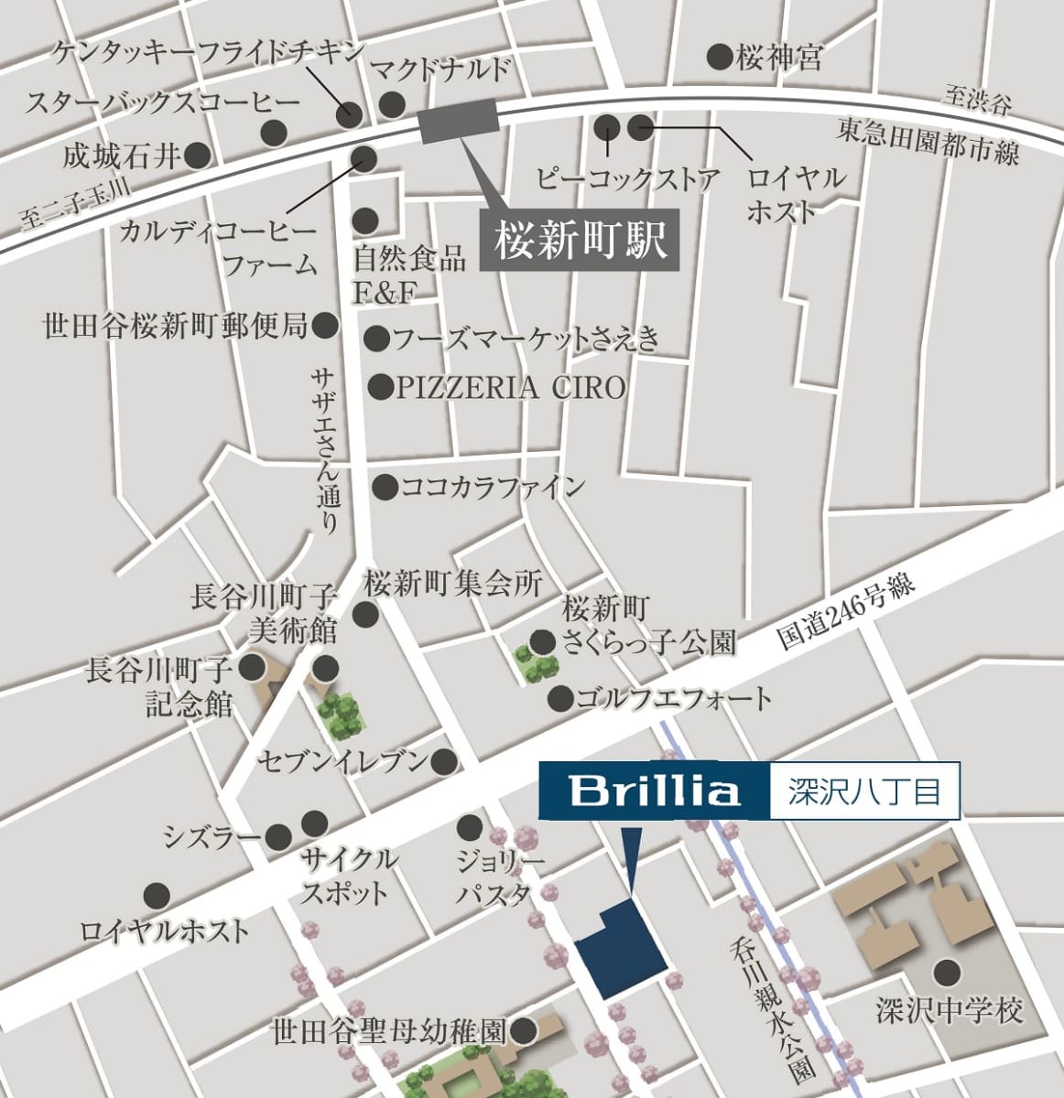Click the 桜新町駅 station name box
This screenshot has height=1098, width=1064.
(580, 242)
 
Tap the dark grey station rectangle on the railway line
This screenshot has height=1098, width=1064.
(457, 121)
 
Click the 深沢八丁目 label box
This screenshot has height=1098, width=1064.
(864, 790)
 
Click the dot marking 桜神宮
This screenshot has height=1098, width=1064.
(720, 57)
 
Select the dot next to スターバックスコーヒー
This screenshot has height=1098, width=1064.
(274, 132)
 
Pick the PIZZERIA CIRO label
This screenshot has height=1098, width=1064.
(510, 388)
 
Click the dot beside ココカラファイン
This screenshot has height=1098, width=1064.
(385, 487)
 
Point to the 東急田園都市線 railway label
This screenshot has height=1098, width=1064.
(927, 145)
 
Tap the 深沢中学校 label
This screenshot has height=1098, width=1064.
(948, 1012)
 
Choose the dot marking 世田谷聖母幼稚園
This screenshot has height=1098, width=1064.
(523, 1033)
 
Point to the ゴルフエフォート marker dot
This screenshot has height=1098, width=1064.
(560, 700)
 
